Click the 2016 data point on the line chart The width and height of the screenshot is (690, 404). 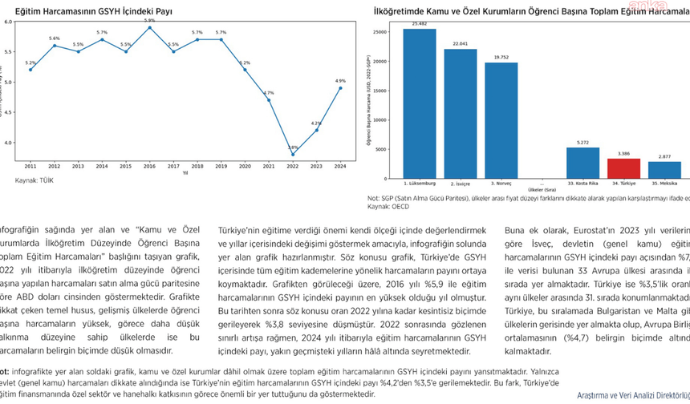click(149, 27)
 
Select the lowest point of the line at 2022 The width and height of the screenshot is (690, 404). click(293, 155)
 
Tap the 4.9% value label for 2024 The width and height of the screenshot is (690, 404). click(340, 81)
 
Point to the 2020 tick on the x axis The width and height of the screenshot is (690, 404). click(245, 166)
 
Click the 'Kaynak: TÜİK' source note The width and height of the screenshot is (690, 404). click(34, 180)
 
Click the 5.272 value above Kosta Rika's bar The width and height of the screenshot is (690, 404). click(582, 143)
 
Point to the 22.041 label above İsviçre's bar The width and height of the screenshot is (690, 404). click(460, 43)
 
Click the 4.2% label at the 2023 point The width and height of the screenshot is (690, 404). click(316, 123)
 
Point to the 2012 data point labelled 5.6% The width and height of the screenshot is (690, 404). click(54, 45)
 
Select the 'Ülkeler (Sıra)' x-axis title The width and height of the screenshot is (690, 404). click(542, 189)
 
